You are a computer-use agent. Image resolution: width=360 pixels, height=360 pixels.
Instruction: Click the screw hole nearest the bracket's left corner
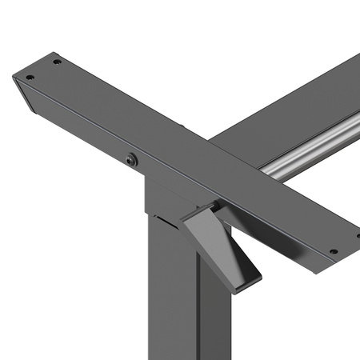click(30, 78)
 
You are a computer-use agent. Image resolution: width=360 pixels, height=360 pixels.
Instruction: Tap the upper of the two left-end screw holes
click(56, 62)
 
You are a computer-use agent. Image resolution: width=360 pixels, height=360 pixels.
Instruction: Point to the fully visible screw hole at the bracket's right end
click(334, 251)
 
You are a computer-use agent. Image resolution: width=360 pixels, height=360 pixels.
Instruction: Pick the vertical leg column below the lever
click(172, 304)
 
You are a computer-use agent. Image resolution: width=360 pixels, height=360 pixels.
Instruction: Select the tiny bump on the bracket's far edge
click(185, 127)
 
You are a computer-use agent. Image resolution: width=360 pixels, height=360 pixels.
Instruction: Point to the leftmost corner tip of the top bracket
click(14, 77)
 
